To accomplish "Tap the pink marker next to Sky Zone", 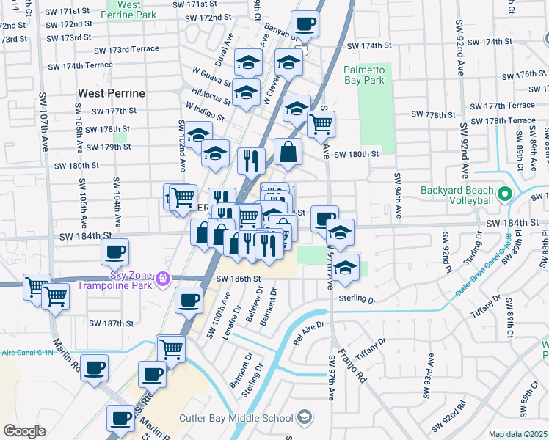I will tap(163, 278).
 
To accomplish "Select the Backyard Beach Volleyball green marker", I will tap(504, 194).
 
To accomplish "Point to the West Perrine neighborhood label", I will tap(112, 94).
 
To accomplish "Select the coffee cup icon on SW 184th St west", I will tap(114, 252).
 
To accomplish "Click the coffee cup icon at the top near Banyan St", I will tap(305, 23).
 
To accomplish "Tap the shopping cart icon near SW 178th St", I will tap(321, 124).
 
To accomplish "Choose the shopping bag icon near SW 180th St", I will tap(288, 152).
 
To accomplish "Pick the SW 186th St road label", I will tap(239, 279).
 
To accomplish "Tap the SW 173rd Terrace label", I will tap(126, 49).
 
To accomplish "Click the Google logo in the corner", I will tap(24, 431).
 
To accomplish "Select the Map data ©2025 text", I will tap(518, 434).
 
